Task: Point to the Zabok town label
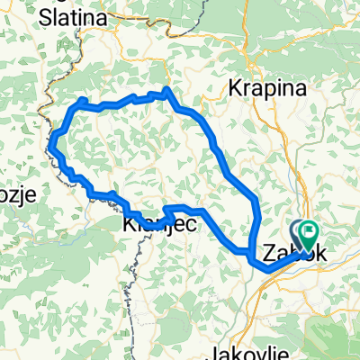click(x=288, y=253)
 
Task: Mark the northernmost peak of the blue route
click(x=166, y=92)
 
